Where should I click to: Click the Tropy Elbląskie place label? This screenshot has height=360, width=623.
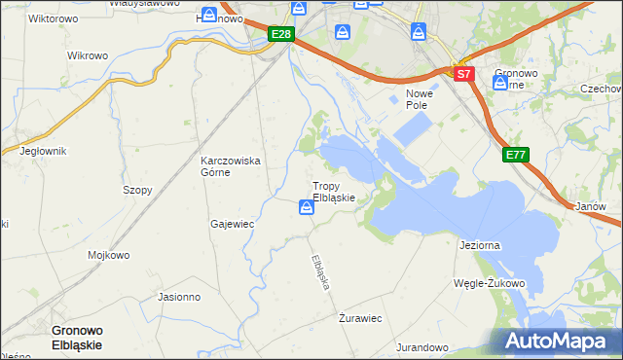click(332, 192)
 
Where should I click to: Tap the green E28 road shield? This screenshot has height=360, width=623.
click(280, 35)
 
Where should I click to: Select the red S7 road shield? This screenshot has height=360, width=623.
click(463, 73)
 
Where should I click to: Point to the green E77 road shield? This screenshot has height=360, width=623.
click(516, 155)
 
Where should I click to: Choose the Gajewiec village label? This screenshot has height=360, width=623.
click(232, 224)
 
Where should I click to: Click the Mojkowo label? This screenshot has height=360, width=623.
click(108, 256)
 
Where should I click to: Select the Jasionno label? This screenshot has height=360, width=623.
click(179, 297)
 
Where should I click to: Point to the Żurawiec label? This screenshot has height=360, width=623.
click(359, 318)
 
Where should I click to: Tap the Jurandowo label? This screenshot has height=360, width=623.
click(422, 347)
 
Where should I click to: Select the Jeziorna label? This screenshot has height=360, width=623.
click(479, 245)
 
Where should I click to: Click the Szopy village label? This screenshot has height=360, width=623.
click(137, 190)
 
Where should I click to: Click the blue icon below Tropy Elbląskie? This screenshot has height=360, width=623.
click(307, 206)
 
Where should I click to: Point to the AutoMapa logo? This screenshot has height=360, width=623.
click(560, 341)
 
